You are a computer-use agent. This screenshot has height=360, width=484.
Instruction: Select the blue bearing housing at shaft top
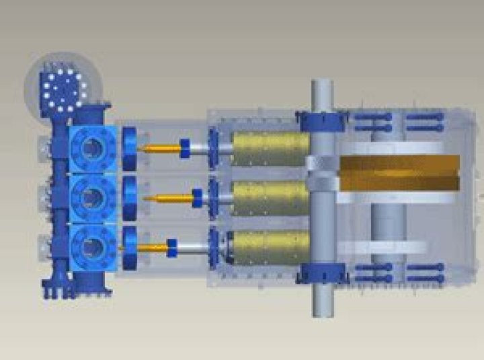click(x=323, y=122)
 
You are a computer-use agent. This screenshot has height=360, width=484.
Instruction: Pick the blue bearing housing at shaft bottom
click(x=323, y=273)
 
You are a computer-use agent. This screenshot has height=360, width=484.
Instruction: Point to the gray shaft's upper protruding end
click(x=323, y=94)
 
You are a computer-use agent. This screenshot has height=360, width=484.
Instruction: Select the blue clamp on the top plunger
click(x=185, y=147)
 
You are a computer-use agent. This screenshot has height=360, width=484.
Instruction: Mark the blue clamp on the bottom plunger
click(x=171, y=247)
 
